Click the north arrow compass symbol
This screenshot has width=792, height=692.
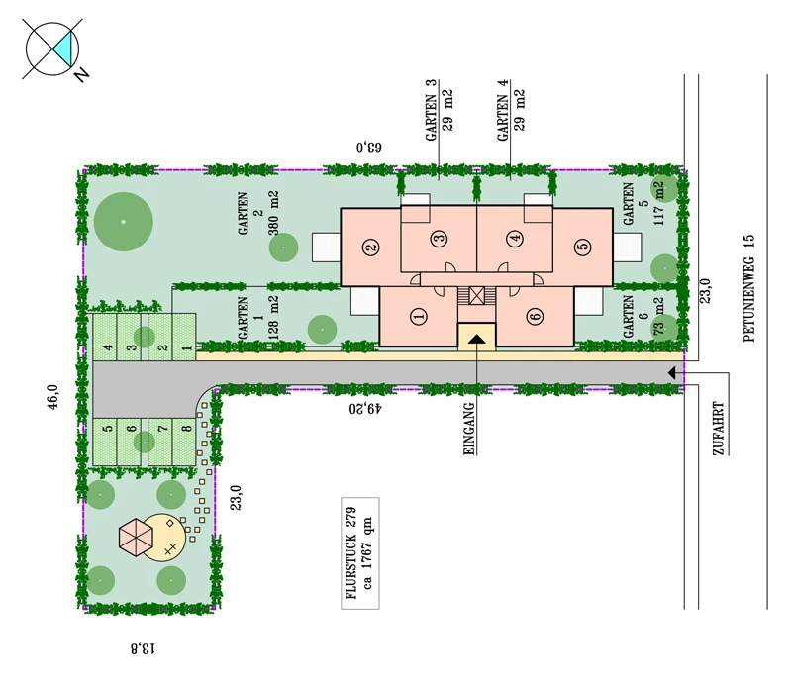(52, 49)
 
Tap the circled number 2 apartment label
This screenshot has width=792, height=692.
(371, 247)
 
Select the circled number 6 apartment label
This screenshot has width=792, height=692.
(535, 317)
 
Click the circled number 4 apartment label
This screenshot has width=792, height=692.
(515, 238)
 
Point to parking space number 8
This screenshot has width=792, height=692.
(184, 442)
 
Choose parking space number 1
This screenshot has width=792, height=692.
(184, 337)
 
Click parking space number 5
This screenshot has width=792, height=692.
(105, 442)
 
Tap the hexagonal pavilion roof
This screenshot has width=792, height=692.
(136, 538)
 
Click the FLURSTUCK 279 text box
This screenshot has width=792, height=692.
(360, 553)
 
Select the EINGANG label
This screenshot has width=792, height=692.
(469, 429)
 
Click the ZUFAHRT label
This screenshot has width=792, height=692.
(719, 429)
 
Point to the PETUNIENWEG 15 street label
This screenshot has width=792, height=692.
(749, 288)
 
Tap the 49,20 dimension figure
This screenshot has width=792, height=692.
(365, 408)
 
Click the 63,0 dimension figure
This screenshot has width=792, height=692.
(369, 148)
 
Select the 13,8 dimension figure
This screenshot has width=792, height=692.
(143, 648)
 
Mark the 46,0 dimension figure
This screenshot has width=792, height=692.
(53, 397)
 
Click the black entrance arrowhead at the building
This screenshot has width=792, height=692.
(476, 339)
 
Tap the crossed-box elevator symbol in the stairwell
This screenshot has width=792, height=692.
(477, 295)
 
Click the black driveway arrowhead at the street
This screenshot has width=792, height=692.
(672, 373)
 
